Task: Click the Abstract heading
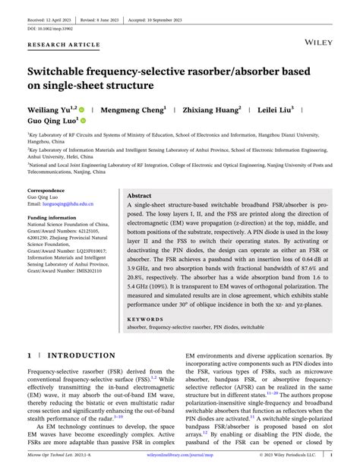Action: pyautogui.click(x=144, y=195)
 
